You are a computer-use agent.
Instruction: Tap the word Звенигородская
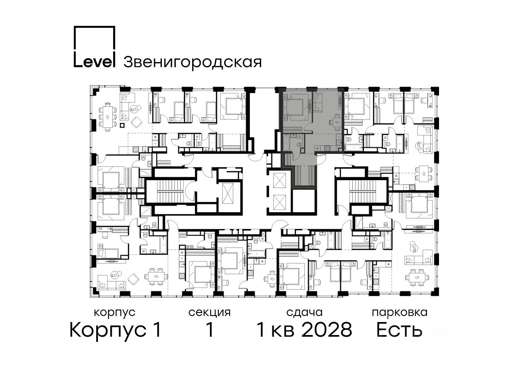coord(193,62)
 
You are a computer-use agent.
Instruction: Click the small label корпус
coord(114,313)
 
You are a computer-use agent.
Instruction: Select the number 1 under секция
coord(209,330)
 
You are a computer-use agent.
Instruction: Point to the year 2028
coord(327,330)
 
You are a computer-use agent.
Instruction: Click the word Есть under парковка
coord(399,330)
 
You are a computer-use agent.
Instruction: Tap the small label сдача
coord(304,313)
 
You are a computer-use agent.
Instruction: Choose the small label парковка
coord(400,313)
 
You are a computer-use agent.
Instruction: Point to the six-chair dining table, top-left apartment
coord(107,117)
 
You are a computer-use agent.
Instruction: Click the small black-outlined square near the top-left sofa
coord(122,125)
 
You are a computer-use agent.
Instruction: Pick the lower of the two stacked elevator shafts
coord(279,202)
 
